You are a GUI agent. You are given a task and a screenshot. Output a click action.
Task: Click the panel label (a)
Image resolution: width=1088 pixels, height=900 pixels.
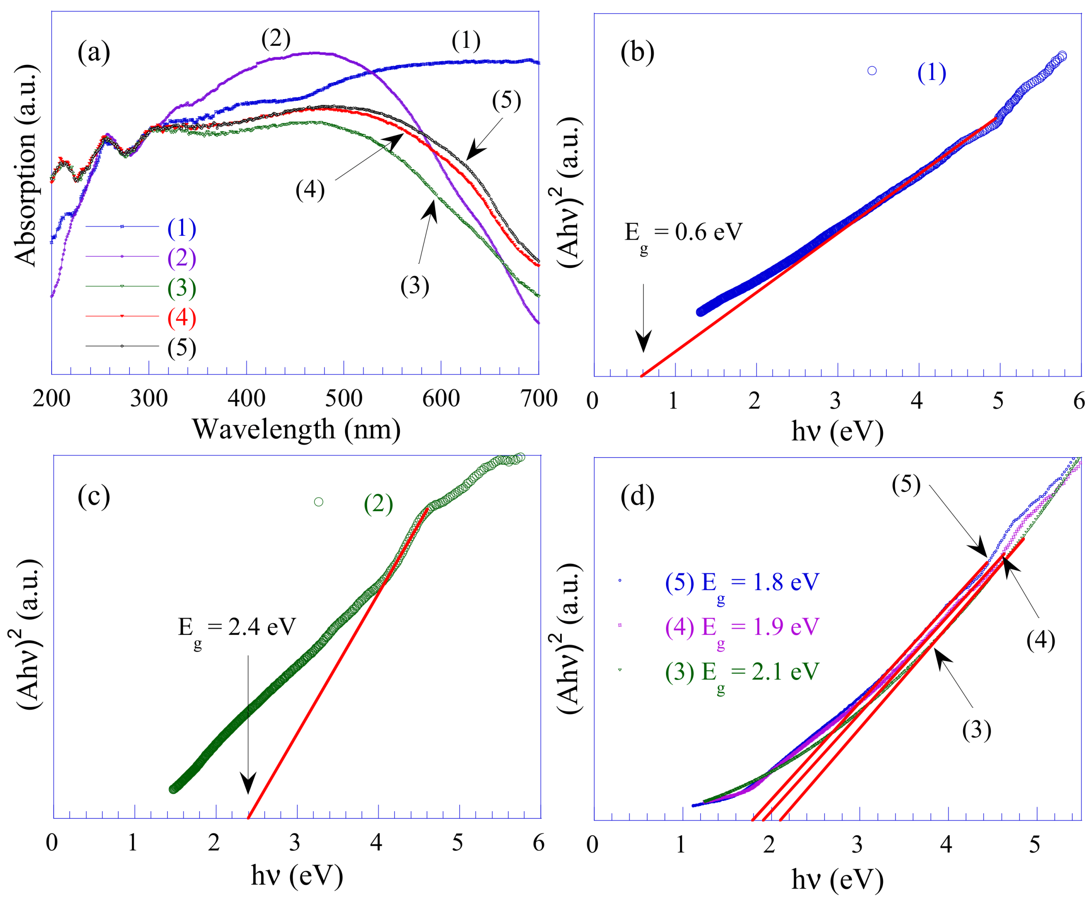(94, 53)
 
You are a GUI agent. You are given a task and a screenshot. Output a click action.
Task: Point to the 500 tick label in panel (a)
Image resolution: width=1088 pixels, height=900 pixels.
(343, 399)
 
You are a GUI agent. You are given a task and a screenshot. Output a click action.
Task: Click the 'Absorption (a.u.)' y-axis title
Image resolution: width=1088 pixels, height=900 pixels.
(26, 166)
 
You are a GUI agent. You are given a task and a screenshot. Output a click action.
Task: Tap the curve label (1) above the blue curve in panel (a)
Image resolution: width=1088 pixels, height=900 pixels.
(466, 41)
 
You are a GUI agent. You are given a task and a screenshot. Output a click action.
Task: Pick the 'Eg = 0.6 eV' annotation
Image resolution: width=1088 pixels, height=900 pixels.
(683, 233)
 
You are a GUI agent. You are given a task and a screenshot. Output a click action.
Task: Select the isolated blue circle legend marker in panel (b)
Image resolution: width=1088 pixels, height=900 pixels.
(872, 70)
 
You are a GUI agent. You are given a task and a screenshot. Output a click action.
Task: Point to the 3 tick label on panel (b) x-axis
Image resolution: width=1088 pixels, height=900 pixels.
(835, 401)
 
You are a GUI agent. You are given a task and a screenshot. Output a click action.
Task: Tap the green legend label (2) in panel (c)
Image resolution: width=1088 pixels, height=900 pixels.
(378, 504)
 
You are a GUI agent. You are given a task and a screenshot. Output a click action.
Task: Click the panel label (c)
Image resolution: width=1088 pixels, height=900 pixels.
(94, 496)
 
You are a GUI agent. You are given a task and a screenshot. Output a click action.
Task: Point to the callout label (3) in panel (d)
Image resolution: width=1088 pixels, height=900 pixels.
(977, 730)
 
